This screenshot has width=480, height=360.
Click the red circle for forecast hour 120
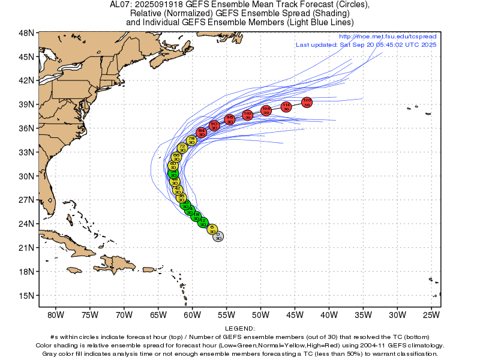tap(307, 102)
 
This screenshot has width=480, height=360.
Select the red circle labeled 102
tap(248, 115)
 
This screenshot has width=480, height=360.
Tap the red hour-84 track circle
tap(202, 132)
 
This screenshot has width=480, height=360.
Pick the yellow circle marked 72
tap(182, 148)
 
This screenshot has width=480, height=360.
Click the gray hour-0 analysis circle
tap(218, 236)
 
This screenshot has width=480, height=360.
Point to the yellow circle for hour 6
tap(212, 229)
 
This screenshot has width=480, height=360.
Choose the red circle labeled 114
tap(286, 107)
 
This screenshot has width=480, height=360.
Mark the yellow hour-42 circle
tap(178, 190)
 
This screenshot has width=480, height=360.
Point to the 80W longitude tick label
tap(55, 314)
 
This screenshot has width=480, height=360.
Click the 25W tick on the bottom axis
tap(431, 314)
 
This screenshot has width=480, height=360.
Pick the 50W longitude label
tap(260, 314)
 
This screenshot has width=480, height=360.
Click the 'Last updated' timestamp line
tap(366, 45)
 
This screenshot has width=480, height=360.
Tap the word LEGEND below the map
tap(240, 328)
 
